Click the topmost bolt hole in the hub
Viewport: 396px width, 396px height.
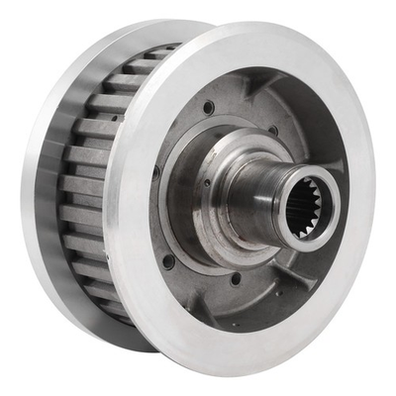click(x=209, y=107)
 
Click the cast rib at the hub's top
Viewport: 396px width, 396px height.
click(x=238, y=94)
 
